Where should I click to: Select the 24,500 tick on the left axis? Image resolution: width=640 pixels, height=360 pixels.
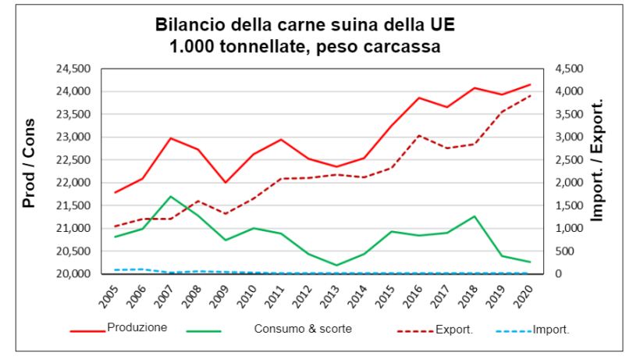click(74, 69)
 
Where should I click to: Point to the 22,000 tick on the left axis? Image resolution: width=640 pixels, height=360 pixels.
click(74, 183)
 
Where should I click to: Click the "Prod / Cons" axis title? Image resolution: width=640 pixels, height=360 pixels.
click(30, 164)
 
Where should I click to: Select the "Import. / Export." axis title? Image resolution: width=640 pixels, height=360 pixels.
click(598, 160)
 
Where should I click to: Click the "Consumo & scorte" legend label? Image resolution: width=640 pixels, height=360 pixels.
click(303, 329)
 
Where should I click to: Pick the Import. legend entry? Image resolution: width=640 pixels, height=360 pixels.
click(550, 330)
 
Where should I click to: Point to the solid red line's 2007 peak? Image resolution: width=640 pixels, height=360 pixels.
click(171, 138)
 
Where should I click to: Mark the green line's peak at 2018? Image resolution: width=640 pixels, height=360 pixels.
click(474, 216)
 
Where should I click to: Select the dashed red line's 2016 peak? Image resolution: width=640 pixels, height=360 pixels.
click(419, 135)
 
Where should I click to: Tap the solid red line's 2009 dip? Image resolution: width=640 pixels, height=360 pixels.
click(226, 183)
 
